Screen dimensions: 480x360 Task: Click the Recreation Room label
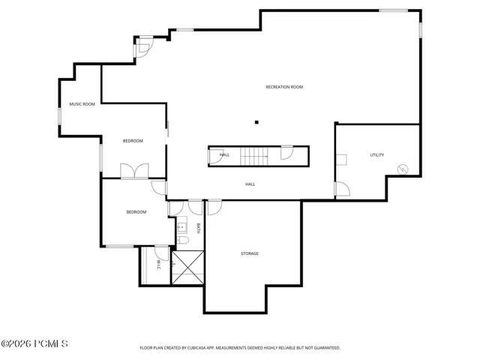click(x=284, y=87)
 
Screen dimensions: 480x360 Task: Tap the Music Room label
click(x=82, y=104)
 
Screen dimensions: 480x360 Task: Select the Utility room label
click(x=376, y=155)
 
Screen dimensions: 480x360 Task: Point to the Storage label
click(x=250, y=253)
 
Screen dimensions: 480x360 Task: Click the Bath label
click(x=198, y=228)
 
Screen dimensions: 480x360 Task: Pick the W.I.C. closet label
click(x=158, y=265)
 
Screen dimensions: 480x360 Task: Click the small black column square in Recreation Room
click(x=256, y=122)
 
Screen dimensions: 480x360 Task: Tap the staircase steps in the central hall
click(x=253, y=156)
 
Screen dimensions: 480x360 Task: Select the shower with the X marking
click(x=187, y=267)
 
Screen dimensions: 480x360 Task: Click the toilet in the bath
click(x=183, y=240)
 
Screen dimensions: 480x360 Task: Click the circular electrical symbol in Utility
click(x=403, y=169)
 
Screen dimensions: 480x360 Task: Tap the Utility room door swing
click(x=343, y=189)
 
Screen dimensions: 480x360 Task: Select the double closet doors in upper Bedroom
click(x=134, y=171)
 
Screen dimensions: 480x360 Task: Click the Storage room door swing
click(x=214, y=208)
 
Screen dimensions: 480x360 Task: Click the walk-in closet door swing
click(x=162, y=253)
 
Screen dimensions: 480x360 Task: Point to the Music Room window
click(x=60, y=116)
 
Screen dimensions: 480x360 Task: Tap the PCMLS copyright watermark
click(x=34, y=343)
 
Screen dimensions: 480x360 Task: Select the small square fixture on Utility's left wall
click(x=341, y=160)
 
